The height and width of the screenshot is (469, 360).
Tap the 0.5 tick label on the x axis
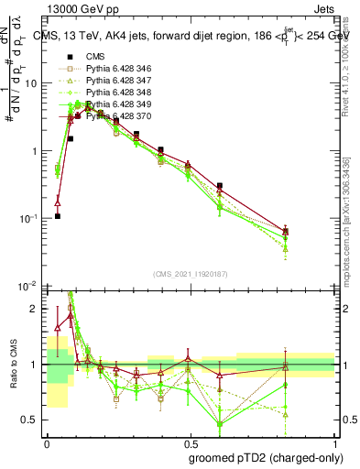pos(191,443)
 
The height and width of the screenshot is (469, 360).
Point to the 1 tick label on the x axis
pos(334,443)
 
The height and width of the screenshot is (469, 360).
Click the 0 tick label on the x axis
pos(47,443)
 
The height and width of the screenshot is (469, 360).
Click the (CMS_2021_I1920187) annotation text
pos(191,274)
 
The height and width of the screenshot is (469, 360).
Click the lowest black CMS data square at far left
pos(58,216)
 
